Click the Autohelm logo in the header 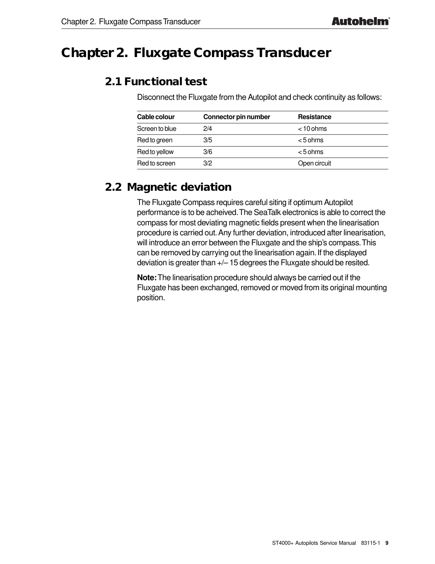(360, 21)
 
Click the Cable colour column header (156, 117)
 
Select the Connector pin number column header (237, 117)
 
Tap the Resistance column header (314, 117)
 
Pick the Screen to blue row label (157, 129)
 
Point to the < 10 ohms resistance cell (312, 129)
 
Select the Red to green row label (155, 140)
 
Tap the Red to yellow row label (155, 152)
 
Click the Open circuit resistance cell (314, 163)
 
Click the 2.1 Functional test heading (156, 82)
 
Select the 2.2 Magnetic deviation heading (168, 187)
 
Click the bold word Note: (147, 278)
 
